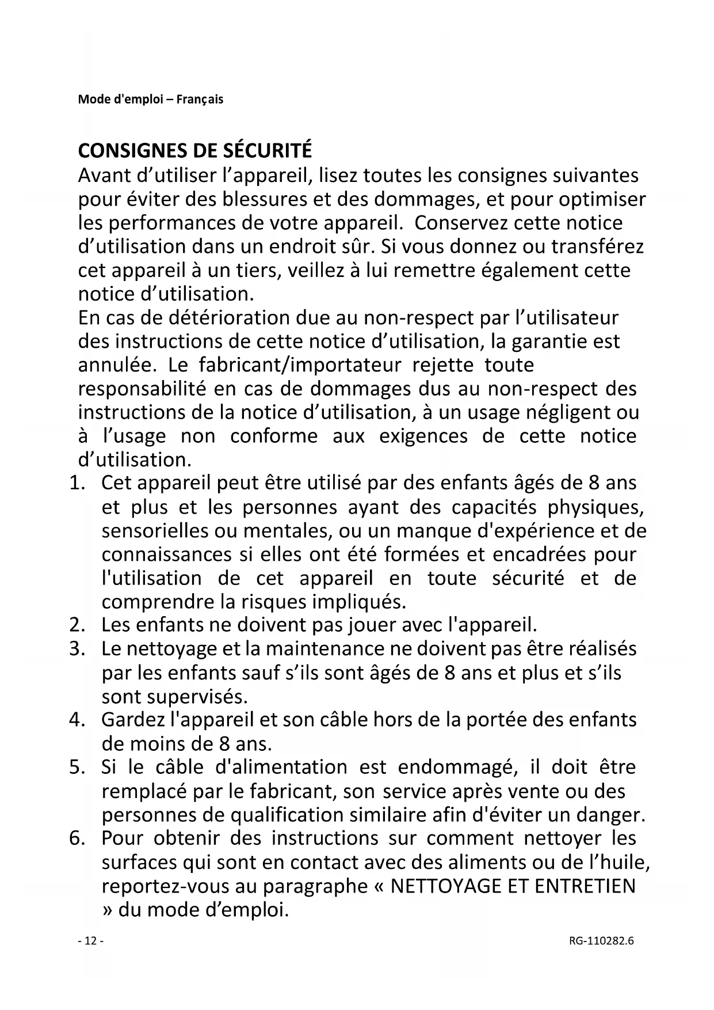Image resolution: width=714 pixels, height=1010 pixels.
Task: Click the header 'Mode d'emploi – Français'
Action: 150,99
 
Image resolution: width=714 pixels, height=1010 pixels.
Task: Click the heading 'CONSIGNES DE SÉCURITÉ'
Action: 194,150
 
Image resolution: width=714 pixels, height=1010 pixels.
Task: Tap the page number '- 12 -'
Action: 90,941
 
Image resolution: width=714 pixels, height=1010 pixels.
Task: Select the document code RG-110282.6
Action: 601,941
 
